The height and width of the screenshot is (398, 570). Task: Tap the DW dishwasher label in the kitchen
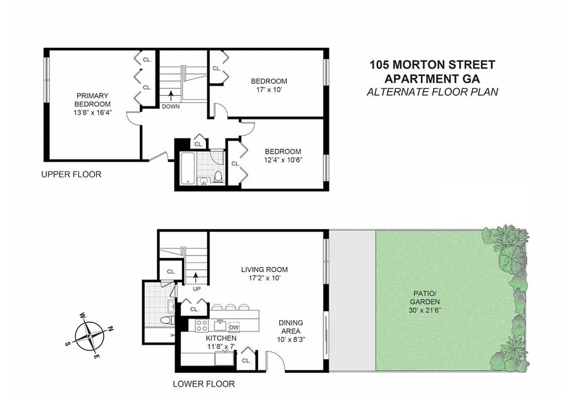pos(234,327)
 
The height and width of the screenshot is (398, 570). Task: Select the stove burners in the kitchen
pos(202,326)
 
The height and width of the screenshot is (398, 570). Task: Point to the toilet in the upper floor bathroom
pos(218,176)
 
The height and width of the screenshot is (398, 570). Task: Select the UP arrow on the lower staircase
pos(196,276)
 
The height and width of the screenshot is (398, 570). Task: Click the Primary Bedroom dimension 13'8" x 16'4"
pos(93,113)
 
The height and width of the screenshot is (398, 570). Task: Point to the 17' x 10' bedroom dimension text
pos(269,90)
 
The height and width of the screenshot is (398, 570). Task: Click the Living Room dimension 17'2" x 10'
pos(264,278)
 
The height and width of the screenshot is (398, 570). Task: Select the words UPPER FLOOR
pos(71,174)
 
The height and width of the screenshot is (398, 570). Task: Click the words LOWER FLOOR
pos(204,384)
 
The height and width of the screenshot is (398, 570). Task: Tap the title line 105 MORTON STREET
pos(432,65)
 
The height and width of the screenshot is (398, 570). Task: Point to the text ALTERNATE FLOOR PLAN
pos(432,92)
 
